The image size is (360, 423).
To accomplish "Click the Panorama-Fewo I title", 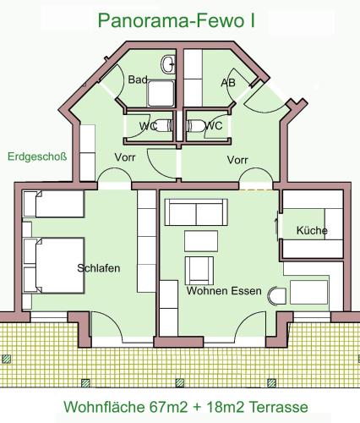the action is [177, 20].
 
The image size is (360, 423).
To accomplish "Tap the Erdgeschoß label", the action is [37, 157].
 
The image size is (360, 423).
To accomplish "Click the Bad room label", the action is [138, 80].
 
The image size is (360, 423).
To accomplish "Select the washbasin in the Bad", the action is [168, 64].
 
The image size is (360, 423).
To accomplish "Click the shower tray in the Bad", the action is [161, 94].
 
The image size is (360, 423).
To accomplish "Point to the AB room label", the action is [228, 83].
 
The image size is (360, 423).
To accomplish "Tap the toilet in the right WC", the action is [196, 125].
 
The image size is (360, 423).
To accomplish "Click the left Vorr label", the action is [125, 157].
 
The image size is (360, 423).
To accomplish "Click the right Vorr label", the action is [237, 160].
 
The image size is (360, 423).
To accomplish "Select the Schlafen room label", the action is [99, 268].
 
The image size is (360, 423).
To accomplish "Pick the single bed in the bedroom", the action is [53, 204].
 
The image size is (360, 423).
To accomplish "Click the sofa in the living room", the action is [196, 212].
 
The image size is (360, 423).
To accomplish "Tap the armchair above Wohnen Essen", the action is [199, 271].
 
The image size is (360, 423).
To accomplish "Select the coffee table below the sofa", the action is [201, 241].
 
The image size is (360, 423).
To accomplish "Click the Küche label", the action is [312, 230].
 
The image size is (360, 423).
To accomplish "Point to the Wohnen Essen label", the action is [224, 291].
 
